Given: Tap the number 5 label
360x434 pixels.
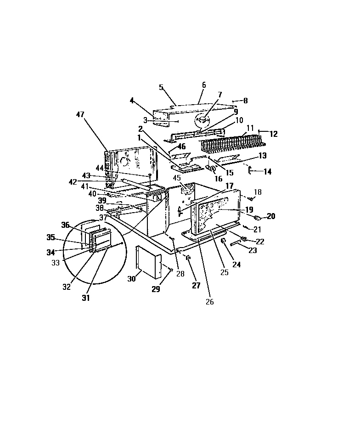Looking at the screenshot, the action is pyautogui.click(x=161, y=87).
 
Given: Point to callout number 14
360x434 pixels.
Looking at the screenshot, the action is pyautogui.click(x=267, y=172).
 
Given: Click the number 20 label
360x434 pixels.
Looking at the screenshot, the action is pyautogui.click(x=271, y=216).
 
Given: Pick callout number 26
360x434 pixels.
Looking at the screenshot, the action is pyautogui.click(x=210, y=302).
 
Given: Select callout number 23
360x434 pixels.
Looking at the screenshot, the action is pyautogui.click(x=253, y=250).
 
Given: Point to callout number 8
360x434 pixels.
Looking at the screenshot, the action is pyautogui.click(x=246, y=101).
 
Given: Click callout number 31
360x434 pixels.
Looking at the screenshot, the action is pyautogui.click(x=86, y=298).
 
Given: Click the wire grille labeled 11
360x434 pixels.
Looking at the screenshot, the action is pyautogui.click(x=230, y=143).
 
